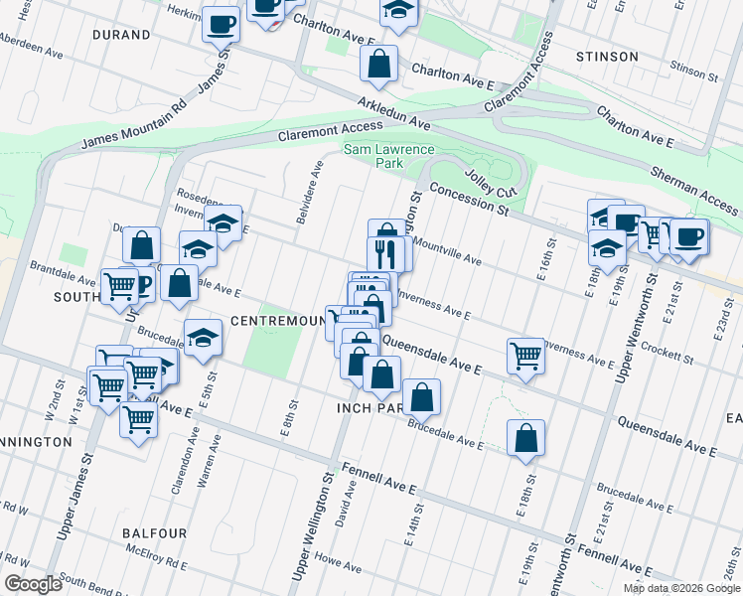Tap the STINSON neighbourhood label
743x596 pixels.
tap(606, 57)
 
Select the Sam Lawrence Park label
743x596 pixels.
tap(389, 156)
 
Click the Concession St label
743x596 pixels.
tap(470, 200)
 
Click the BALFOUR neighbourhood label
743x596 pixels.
tap(155, 533)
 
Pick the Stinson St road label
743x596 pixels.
tap(693, 71)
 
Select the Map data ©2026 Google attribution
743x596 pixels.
tap(680, 588)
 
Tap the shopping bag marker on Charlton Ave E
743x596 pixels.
tap(378, 65)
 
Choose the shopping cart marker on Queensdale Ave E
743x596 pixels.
tap(525, 354)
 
